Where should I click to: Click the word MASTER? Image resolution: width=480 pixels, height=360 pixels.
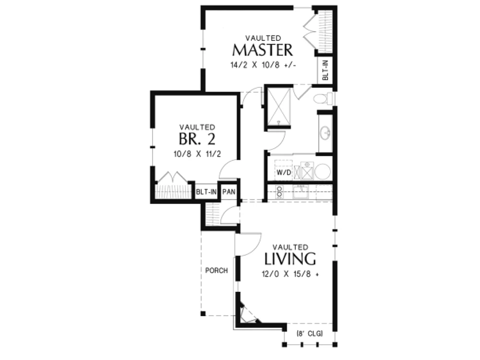tap(263, 50)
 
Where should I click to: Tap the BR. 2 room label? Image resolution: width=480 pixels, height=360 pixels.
tap(197, 139)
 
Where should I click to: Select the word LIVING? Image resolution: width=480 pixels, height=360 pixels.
tap(290, 259)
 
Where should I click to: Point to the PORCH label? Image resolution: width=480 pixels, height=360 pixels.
tap(216, 270)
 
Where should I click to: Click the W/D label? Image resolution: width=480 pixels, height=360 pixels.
tap(284, 172)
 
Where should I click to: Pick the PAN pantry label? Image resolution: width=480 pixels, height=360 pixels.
tap(228, 192)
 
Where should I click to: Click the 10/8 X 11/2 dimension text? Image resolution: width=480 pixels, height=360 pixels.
tap(197, 154)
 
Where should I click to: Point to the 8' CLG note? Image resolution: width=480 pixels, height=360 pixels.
tap(310, 334)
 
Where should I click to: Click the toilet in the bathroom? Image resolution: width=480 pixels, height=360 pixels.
tap(323, 98)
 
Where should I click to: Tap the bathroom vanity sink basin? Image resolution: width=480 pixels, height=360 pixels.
tap(325, 133)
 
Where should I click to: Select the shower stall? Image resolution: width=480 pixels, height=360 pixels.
tap(278, 107)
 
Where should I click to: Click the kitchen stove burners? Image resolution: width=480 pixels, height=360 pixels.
tap(279, 192)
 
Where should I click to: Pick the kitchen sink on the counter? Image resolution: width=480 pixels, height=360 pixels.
tap(300, 192)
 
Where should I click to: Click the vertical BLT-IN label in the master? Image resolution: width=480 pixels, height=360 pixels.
tap(325, 70)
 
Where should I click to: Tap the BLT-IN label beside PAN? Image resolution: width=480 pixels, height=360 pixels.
tap(206, 192)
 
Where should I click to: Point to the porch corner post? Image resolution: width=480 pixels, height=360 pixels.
tap(203, 313)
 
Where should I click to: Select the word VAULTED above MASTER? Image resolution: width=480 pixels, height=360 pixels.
tap(263, 38)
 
